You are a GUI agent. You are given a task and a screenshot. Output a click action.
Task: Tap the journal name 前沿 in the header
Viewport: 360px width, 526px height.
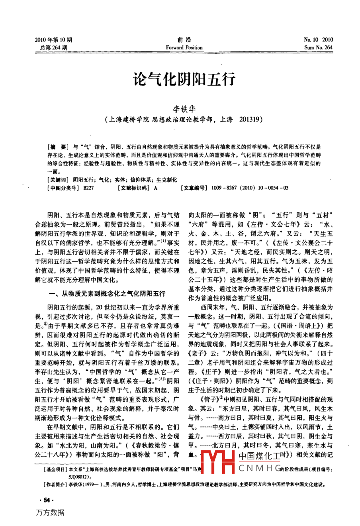click(x=184, y=39)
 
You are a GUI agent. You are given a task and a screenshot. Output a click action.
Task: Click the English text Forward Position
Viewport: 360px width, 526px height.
click(x=184, y=47)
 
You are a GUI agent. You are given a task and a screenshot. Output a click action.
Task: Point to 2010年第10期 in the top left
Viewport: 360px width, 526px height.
click(x=53, y=39)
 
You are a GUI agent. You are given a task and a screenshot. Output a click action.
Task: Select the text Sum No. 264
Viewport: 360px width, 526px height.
click(x=318, y=47)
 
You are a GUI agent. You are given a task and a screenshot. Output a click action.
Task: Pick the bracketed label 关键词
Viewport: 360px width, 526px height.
click(x=58, y=180)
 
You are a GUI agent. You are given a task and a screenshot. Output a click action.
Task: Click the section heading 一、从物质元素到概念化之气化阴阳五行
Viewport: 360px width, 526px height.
click(x=106, y=294)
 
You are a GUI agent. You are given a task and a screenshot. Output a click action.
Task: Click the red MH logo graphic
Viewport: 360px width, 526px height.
click(x=218, y=462)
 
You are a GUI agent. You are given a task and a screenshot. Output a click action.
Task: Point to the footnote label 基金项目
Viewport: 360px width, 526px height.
click(x=55, y=470)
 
